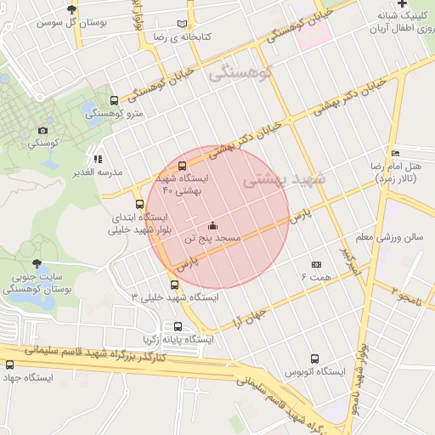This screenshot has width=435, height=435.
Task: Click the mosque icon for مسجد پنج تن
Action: point(212,226)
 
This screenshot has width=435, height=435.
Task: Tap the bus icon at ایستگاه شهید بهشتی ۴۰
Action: point(182,166)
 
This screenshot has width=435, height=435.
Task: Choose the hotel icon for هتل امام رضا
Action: point(395,153)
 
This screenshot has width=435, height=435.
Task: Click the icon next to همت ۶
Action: point(315,265)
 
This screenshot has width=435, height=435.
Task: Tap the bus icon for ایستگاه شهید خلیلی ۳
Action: point(175,284)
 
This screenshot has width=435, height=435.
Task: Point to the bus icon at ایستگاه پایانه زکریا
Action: point(178,325)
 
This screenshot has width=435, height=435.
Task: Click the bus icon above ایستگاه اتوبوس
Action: point(315,359)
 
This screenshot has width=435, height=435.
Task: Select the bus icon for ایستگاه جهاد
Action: point(10,364)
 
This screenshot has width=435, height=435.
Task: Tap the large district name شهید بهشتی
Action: point(284,182)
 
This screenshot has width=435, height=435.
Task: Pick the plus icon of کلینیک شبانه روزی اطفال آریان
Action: point(426,5)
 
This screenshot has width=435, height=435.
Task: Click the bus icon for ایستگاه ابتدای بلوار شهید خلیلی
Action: point(116,204)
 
